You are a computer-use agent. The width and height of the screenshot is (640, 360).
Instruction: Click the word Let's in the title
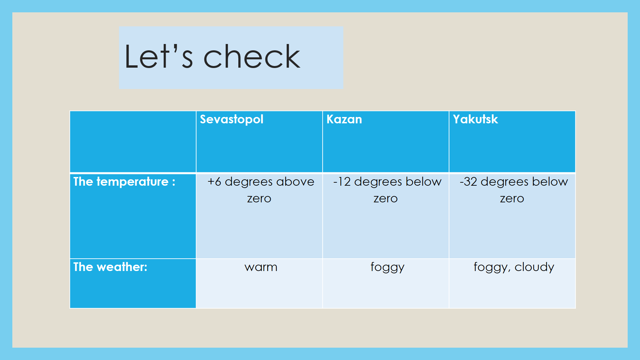click(159, 56)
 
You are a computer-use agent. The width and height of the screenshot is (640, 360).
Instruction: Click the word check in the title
click(252, 56)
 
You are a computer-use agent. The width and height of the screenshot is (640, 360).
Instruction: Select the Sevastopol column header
click(232, 119)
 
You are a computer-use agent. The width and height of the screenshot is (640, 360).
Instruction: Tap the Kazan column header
click(344, 119)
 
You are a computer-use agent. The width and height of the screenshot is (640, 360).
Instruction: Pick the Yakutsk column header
click(475, 119)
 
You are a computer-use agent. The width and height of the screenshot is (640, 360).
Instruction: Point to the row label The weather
click(110, 267)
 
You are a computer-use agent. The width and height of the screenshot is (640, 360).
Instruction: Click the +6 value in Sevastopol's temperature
click(214, 182)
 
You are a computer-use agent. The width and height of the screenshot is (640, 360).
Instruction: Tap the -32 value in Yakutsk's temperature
click(469, 182)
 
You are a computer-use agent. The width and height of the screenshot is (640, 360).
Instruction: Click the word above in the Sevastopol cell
click(295, 182)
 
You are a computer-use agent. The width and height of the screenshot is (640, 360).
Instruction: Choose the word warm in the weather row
click(261, 267)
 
